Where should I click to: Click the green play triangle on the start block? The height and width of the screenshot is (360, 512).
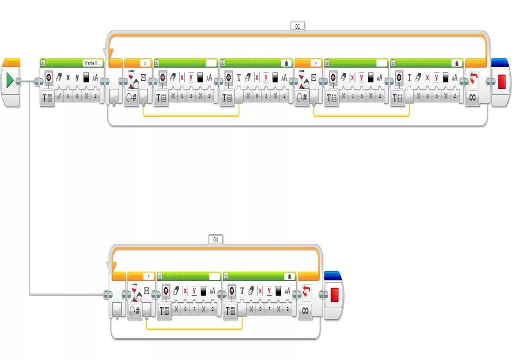(x=10, y=81)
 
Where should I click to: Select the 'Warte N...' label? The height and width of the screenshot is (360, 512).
(x=92, y=63)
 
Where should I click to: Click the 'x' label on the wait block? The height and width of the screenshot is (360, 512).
(x=144, y=63)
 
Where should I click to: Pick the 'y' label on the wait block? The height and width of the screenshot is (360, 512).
(x=315, y=63)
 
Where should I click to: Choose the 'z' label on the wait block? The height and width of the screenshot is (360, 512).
(x=148, y=277)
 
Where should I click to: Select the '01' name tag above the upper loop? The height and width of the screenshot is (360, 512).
(x=297, y=26)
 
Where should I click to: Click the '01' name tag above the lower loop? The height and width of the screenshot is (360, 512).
(x=215, y=239)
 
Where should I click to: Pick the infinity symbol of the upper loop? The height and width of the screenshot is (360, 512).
(x=473, y=98)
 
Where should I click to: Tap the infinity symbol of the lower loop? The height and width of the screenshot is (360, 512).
(x=305, y=311)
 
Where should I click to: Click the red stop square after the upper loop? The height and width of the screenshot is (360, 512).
(x=502, y=81)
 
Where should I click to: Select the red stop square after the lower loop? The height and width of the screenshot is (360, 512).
(x=334, y=295)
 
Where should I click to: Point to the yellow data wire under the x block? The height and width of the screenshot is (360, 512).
(x=191, y=116)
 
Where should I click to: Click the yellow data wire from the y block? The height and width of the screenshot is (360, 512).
(x=361, y=116)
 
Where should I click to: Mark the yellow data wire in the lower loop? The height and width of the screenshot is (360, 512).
(x=194, y=329)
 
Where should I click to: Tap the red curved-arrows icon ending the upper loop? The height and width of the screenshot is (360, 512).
(x=473, y=80)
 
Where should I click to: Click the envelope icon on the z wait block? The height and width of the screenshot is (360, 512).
(x=147, y=291)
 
